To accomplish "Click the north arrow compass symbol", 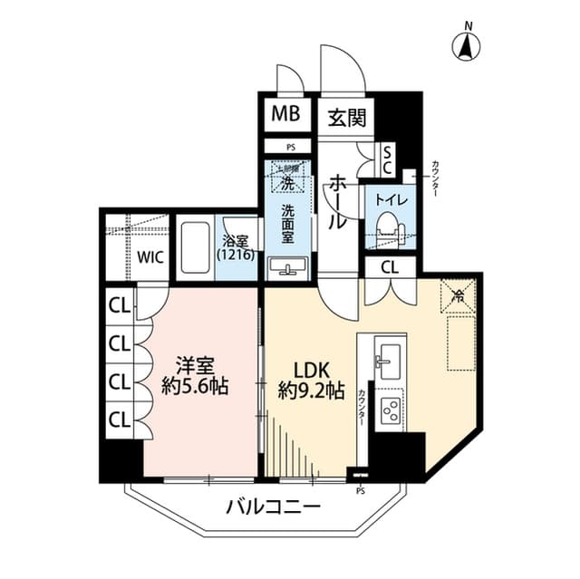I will pos(468,44).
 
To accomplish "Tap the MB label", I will pos(283,115).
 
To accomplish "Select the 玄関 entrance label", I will pos(345,116).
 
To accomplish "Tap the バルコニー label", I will pos(272,506).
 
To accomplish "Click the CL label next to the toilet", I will pos(389,266).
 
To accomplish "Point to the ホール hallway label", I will pos(336,200).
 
